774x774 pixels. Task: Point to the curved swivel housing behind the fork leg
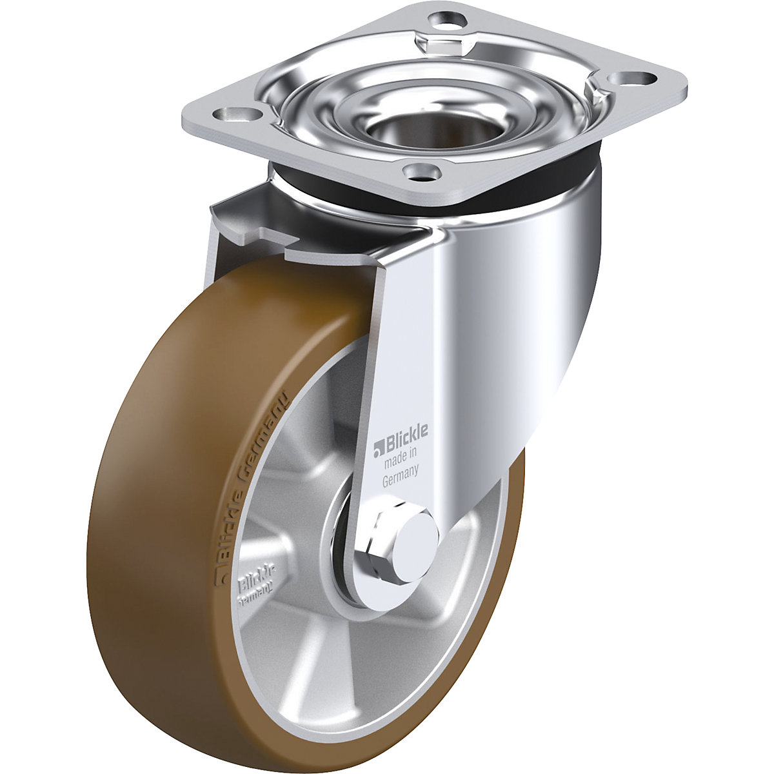516,322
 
